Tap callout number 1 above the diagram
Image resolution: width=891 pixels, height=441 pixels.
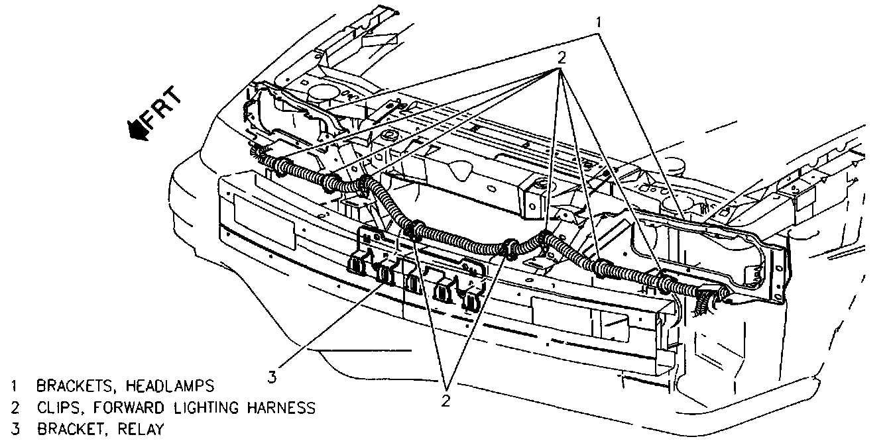599,22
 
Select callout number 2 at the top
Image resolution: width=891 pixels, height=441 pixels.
561,58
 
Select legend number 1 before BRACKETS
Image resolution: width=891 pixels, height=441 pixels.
14,385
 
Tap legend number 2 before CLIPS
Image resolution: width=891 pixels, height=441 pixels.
14,407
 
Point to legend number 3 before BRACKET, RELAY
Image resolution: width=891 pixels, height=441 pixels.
14,428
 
